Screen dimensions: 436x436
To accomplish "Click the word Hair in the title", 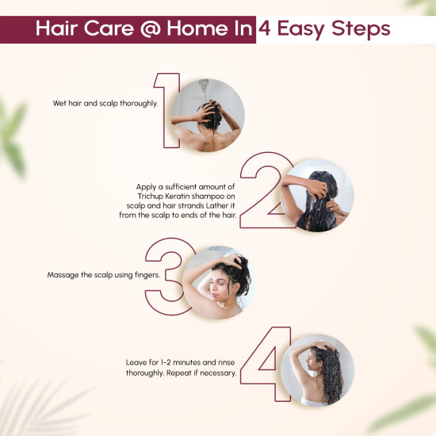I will (x=56, y=30).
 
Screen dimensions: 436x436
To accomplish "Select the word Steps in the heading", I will (x=364, y=30).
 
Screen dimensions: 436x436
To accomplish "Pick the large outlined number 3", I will (x=166, y=270).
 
